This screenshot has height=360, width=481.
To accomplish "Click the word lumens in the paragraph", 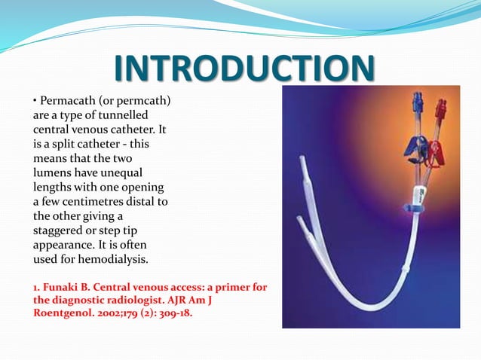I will (52, 173).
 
